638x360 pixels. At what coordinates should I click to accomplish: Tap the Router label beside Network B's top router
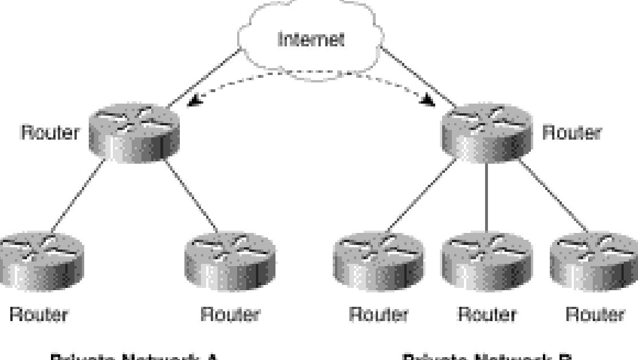[571, 132]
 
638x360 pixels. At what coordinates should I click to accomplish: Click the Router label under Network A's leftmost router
[39, 314]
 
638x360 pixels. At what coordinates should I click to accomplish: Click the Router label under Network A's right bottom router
[230, 314]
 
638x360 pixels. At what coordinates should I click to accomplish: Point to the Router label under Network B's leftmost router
[379, 314]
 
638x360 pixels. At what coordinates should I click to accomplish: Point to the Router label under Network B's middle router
[487, 314]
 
